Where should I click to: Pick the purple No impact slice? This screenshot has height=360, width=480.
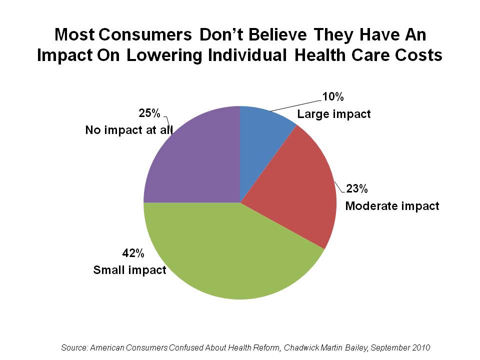[190, 160]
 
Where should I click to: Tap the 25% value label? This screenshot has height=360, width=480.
[149, 113]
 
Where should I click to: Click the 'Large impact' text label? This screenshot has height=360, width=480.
[334, 114]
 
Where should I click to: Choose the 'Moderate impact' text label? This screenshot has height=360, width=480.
[392, 205]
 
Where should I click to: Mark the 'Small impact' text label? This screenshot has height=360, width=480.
[130, 270]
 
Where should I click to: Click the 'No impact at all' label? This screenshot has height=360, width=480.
[129, 130]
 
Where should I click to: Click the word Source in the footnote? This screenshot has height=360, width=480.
[74, 347]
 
